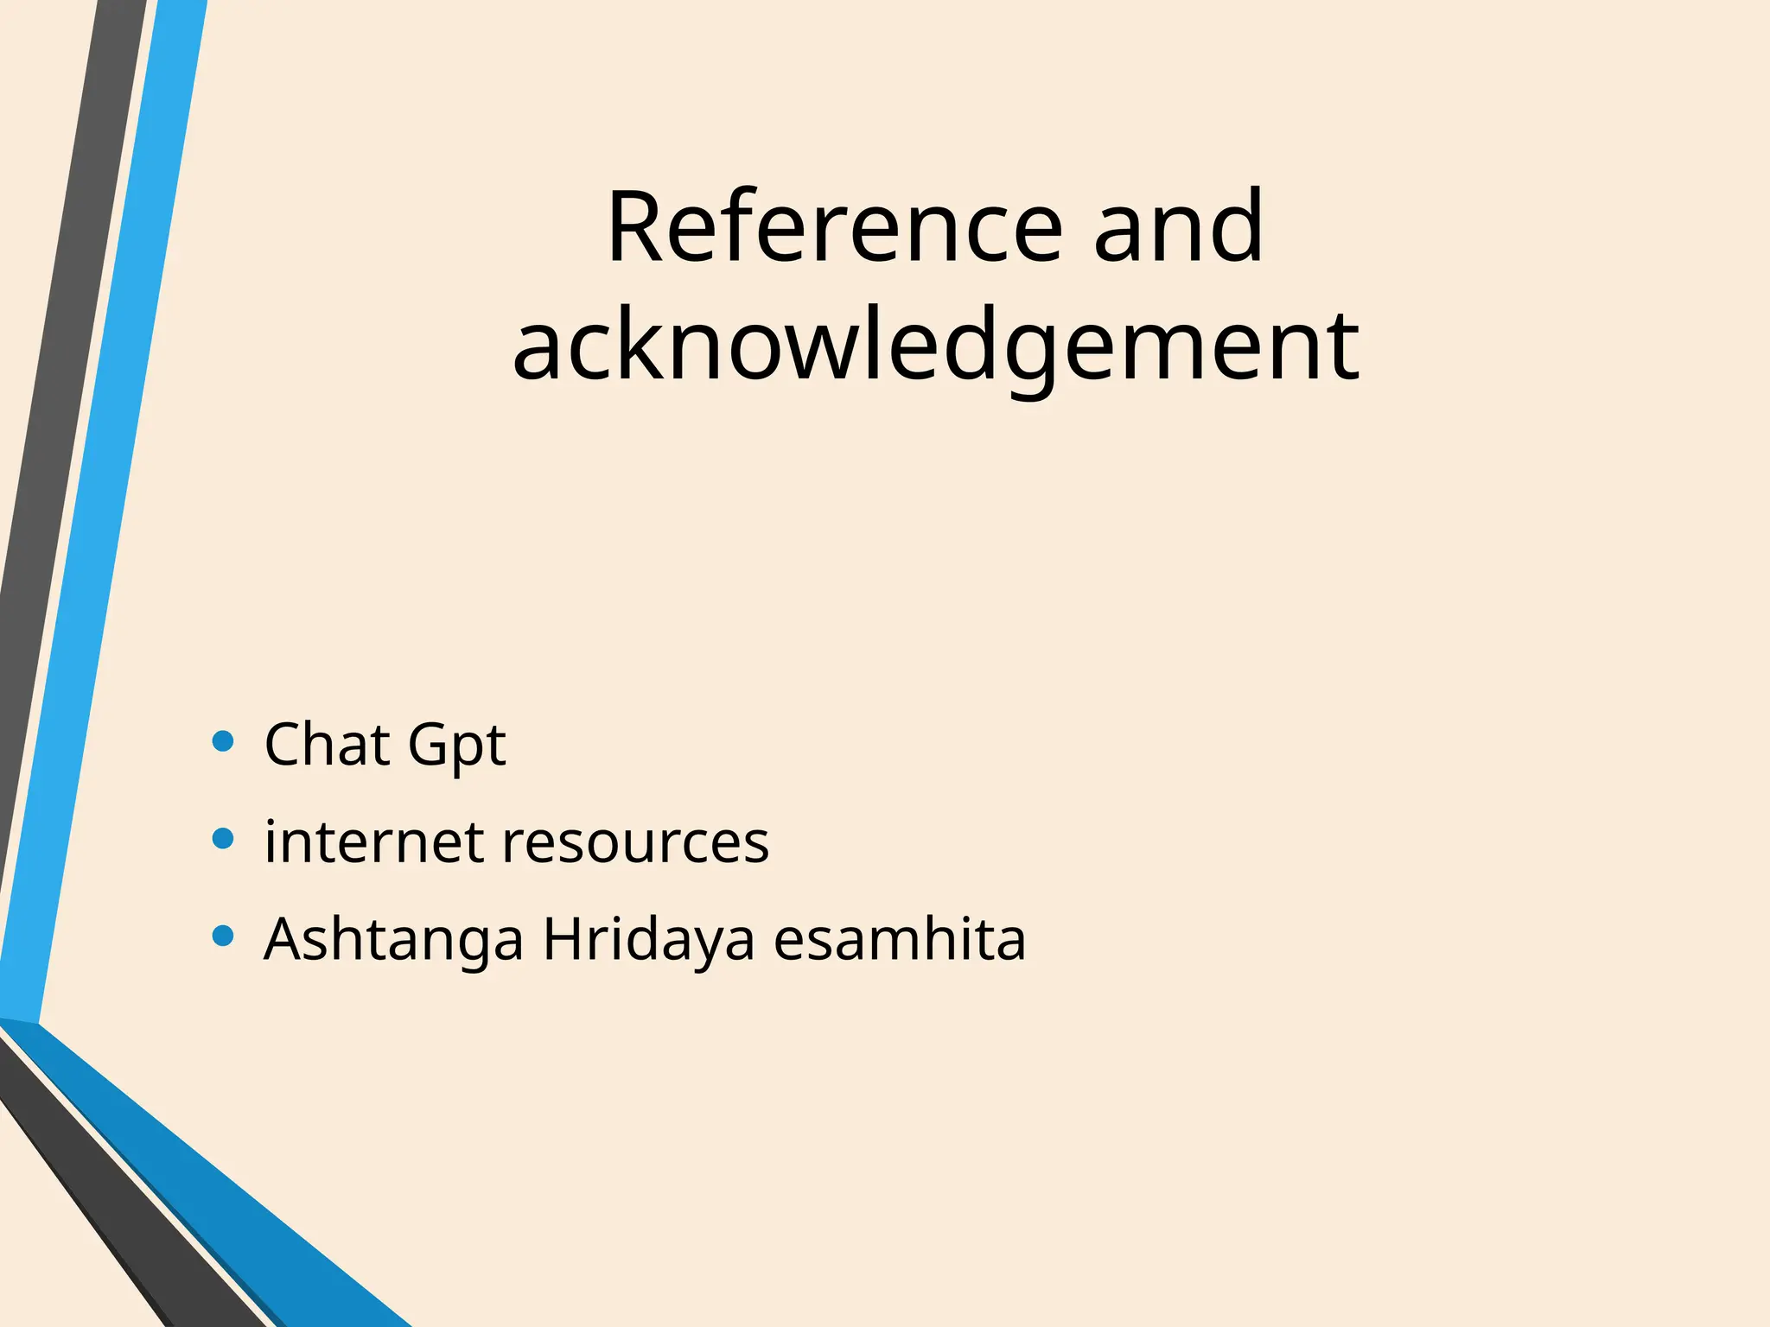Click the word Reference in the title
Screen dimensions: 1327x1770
[835, 227]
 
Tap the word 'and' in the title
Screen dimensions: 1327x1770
[1179, 227]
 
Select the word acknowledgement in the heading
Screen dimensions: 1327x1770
[936, 346]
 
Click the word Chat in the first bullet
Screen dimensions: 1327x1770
[327, 744]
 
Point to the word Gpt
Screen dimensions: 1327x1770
[456, 746]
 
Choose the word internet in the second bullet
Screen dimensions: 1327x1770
[373, 841]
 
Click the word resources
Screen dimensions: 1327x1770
[635, 843]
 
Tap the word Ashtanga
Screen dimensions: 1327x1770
[393, 940]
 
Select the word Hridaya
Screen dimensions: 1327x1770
[649, 940]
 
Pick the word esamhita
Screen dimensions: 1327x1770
[900, 938]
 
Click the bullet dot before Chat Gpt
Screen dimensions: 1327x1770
[223, 741]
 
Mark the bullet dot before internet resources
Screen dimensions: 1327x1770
[223, 839]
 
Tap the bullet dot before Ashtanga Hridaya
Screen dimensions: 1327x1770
[223, 937]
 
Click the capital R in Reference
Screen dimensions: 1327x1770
[638, 227]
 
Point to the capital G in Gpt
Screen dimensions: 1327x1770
[429, 744]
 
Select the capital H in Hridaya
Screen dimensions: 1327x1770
[566, 938]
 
